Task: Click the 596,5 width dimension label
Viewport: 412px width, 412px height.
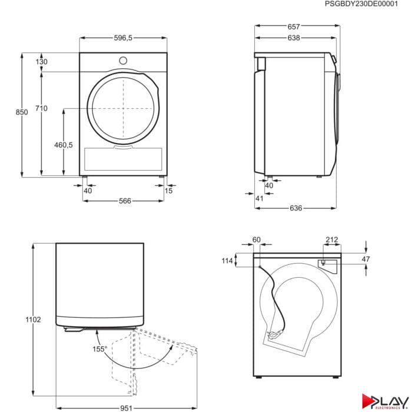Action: pos(123,38)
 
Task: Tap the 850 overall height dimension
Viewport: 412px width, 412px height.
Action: pos(22,112)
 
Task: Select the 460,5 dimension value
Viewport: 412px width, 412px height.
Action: pos(64,145)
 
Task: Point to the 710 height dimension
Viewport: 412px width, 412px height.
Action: pos(41,108)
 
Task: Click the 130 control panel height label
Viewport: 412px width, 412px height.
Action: pos(42,62)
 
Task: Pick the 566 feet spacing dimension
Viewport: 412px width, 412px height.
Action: pos(125,201)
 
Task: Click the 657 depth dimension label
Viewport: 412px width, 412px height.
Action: pos(294,27)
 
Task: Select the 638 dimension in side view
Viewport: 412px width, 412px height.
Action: pos(294,38)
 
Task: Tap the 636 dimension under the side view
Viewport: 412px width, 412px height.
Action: pos(295,208)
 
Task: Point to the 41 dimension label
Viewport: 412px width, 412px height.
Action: pos(260,198)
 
